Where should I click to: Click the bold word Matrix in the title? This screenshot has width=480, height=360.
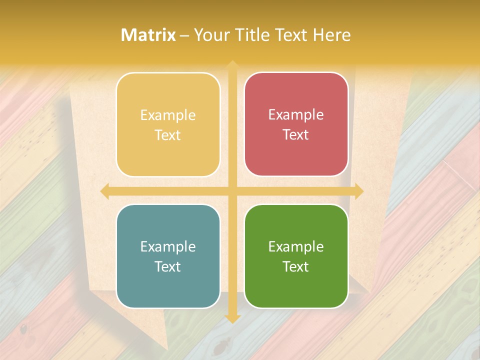(x=148, y=35)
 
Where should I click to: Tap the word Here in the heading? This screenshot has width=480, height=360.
(x=331, y=35)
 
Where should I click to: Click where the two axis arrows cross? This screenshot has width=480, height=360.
(x=232, y=191)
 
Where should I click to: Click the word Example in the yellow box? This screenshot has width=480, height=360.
(x=168, y=115)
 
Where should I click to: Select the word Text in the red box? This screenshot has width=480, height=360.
(x=296, y=135)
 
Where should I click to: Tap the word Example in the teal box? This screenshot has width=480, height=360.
(x=168, y=247)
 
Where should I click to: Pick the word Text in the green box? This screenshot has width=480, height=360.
(x=296, y=267)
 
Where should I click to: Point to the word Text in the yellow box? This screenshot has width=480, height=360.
(x=168, y=135)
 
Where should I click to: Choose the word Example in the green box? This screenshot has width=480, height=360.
(x=296, y=247)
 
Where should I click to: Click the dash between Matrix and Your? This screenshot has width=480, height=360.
(x=184, y=35)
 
